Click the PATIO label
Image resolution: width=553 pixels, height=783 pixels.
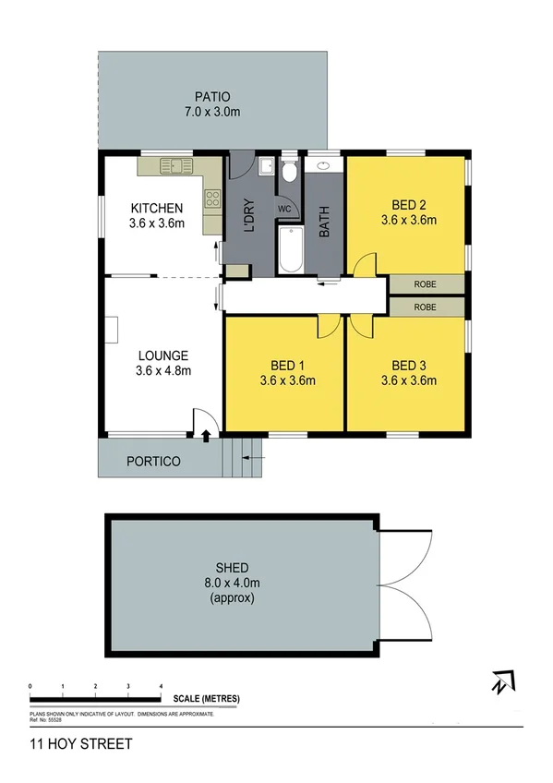(211, 96)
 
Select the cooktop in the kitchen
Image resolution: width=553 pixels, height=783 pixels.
(212, 196)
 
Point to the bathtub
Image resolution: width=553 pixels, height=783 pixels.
(290, 249)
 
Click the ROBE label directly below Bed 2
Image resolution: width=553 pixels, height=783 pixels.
(425, 284)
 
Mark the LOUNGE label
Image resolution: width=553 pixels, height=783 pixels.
(163, 355)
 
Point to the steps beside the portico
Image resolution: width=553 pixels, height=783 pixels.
(243, 454)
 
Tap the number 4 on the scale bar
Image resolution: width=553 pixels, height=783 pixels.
(162, 686)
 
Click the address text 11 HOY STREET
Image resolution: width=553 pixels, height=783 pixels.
(81, 743)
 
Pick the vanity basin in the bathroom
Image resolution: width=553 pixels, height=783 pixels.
(324, 167)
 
